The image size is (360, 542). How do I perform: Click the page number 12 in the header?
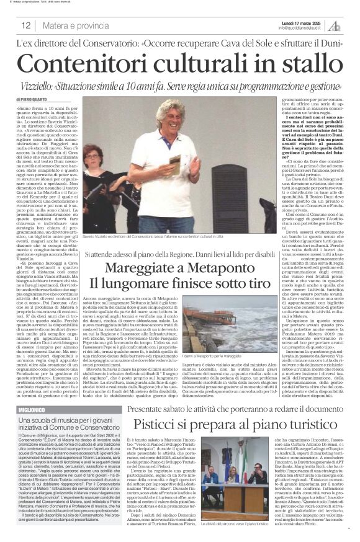coord(25,25)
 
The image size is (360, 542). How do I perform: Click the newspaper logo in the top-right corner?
coord(335,25)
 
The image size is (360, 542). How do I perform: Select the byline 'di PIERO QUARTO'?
coord(32,99)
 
